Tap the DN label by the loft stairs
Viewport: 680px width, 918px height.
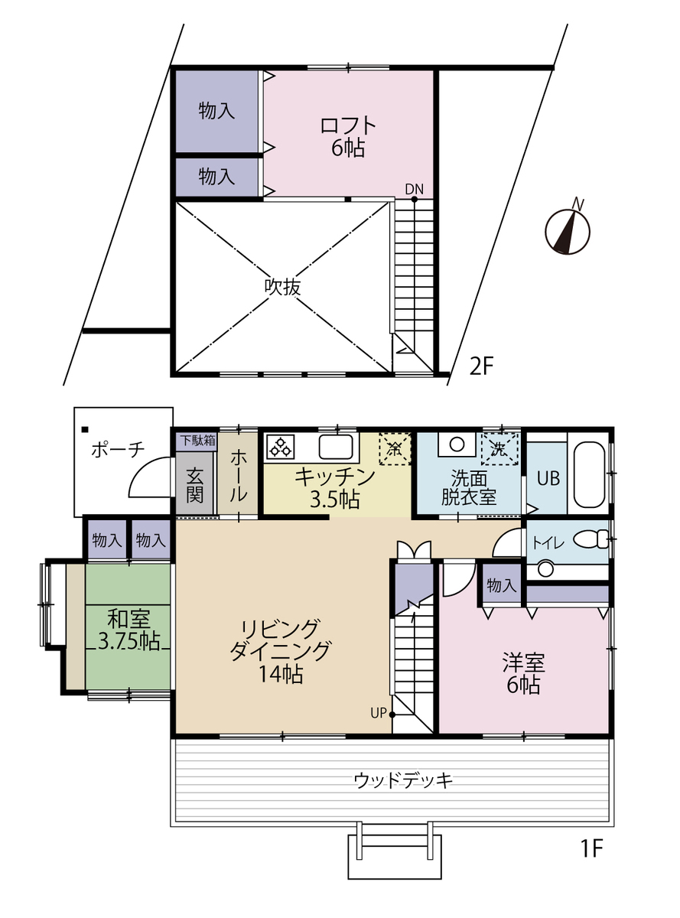[x=415, y=189]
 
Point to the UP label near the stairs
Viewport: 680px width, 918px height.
[x=379, y=714]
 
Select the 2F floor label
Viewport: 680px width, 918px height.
[x=481, y=366]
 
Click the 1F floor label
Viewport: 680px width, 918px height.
[x=592, y=848]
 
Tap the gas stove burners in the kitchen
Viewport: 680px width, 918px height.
[x=280, y=447]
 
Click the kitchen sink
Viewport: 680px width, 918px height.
[x=336, y=447]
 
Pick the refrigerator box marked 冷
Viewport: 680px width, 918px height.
[x=395, y=448]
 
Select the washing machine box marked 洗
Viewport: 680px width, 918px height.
[x=499, y=448]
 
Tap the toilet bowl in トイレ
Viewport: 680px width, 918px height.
[x=591, y=539]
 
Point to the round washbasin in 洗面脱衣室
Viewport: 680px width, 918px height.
[x=457, y=444]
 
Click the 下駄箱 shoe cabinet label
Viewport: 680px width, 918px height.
[x=198, y=441]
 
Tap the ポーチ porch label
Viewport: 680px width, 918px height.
[x=118, y=449]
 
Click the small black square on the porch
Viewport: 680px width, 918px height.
[x=85, y=429]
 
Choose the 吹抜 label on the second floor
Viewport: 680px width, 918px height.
[x=283, y=286]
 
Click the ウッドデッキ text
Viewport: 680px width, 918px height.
[x=403, y=781]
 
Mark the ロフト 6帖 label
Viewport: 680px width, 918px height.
[x=348, y=137]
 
